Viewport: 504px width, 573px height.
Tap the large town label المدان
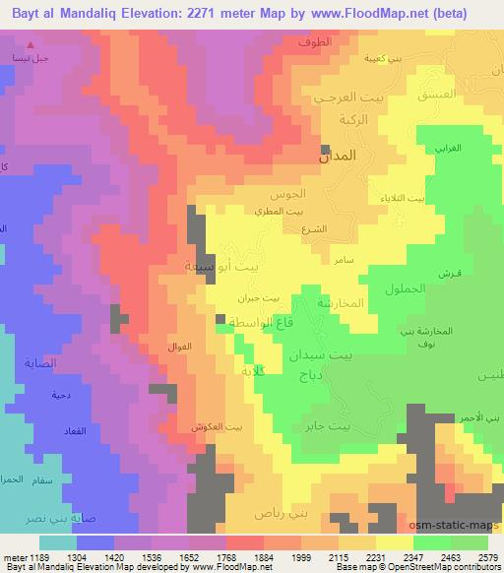[x=338, y=156]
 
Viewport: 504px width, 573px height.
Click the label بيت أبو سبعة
[x=225, y=266]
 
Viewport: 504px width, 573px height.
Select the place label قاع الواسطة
[x=251, y=322]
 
